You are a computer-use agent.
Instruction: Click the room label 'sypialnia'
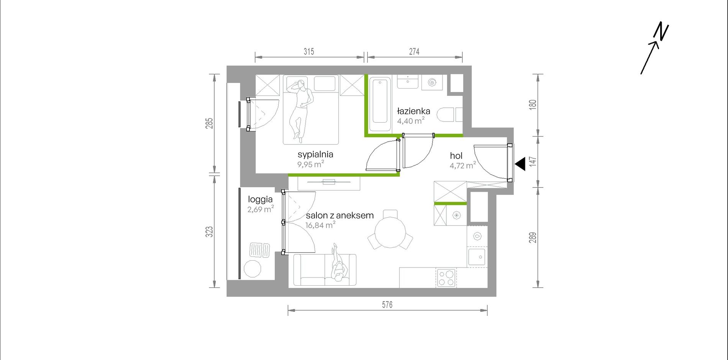315,155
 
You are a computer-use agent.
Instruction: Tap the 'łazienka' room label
413,111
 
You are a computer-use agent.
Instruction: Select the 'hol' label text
456,156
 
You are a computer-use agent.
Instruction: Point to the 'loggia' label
260,199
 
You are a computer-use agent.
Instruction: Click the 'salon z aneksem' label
339,215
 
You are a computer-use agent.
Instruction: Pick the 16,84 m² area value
320,225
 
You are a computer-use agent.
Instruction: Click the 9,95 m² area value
311,164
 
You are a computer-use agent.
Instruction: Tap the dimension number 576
387,305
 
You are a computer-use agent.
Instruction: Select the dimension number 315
309,51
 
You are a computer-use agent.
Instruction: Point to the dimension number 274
414,51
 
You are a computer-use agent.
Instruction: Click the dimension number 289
533,238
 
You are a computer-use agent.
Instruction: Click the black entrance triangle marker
520,164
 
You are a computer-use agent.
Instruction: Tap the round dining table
390,233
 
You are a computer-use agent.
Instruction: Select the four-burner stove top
446,278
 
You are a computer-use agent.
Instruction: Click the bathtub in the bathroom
380,104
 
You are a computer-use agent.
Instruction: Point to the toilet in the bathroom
447,115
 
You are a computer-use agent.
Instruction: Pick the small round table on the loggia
253,269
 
